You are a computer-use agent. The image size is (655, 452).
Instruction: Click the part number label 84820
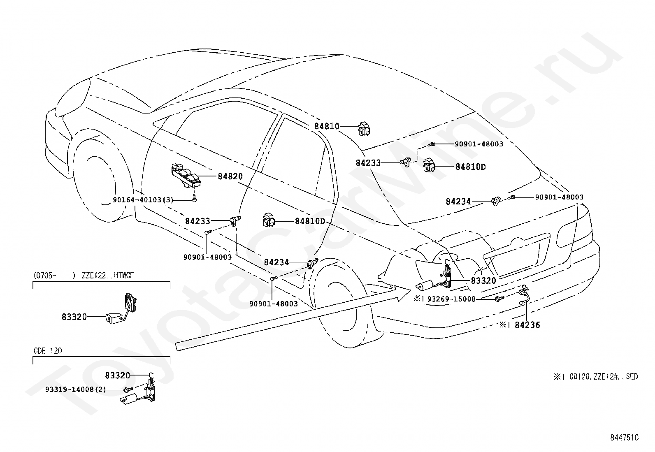(x=230, y=176)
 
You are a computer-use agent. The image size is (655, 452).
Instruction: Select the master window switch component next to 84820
(x=186, y=176)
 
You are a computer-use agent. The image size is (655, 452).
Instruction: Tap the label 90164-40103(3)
(x=143, y=200)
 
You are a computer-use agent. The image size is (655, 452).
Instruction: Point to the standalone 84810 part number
(x=327, y=126)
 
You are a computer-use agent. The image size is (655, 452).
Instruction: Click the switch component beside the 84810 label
(x=364, y=129)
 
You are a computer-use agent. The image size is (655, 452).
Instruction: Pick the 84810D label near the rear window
(x=471, y=167)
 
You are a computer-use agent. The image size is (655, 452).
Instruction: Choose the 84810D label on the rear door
(x=310, y=221)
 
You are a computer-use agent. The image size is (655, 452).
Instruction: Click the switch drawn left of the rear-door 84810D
(x=269, y=220)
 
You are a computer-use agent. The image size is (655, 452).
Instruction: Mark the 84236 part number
(x=527, y=325)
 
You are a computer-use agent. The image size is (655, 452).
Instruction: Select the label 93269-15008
(x=451, y=299)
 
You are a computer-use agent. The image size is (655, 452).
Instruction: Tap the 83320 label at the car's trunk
(x=483, y=280)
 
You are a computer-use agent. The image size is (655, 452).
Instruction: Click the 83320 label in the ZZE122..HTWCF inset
(x=74, y=317)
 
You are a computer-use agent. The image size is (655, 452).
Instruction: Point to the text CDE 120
(x=48, y=351)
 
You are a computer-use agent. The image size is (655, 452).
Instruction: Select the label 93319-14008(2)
(x=75, y=390)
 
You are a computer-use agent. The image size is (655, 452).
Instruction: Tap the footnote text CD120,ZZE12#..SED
(x=604, y=377)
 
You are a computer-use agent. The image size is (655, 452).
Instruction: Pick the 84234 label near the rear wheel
(x=276, y=262)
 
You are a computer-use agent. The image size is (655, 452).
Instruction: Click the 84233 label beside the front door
(x=197, y=221)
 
